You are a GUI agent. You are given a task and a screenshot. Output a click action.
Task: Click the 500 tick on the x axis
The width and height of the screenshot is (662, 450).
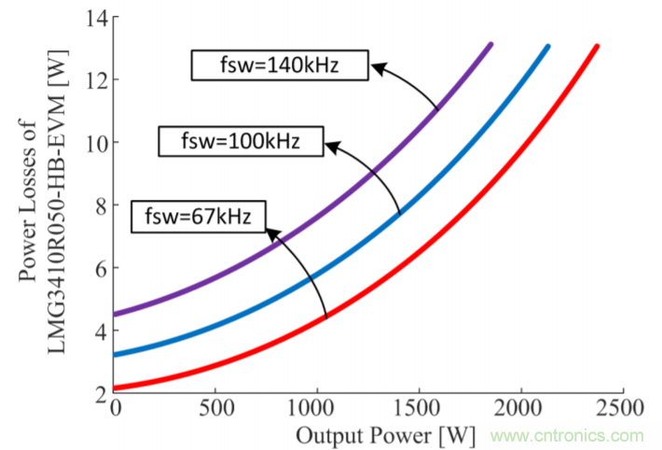tap(215, 410)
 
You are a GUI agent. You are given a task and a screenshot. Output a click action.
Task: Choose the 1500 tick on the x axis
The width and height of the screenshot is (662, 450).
tap(420, 410)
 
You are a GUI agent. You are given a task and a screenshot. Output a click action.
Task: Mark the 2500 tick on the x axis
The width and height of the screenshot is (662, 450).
tap(622, 410)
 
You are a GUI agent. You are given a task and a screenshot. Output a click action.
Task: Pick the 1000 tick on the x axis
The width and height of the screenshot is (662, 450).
tap(317, 410)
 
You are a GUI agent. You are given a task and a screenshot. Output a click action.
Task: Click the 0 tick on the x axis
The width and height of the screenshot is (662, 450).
tap(116, 410)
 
